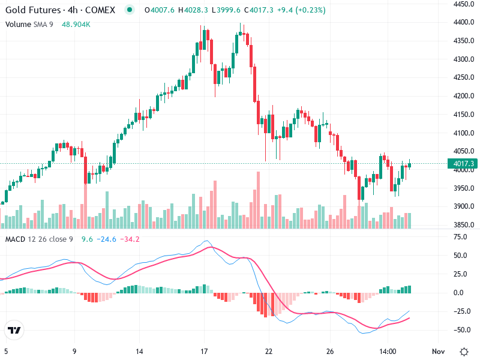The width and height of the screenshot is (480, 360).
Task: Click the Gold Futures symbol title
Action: coord(60,10)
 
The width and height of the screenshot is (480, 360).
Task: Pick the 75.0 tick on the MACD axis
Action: coord(460,237)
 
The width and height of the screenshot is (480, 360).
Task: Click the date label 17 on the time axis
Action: coord(204,351)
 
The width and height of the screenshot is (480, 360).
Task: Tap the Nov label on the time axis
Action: coord(438,351)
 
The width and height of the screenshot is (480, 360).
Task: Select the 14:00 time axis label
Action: coord(388,351)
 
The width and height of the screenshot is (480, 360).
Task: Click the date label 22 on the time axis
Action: coord(269,351)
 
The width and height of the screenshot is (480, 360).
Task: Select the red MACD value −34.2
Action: coord(130,239)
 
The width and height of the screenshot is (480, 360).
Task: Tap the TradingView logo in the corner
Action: coord(14,331)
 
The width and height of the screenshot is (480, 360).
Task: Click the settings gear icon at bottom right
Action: coord(464,351)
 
